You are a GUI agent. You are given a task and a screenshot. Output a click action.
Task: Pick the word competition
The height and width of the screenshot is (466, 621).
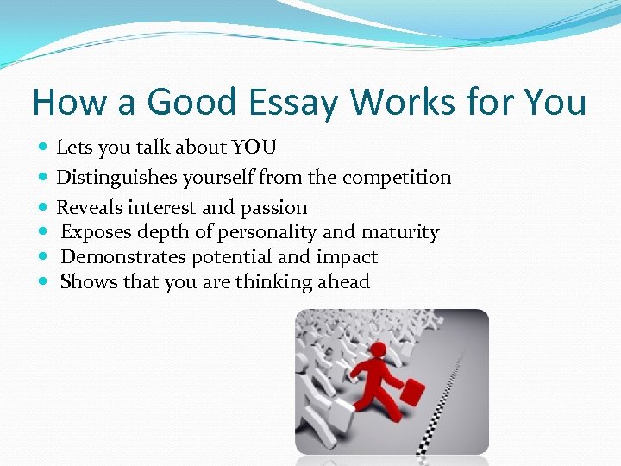(x=397, y=178)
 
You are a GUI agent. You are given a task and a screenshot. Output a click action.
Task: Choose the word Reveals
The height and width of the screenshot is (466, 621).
(x=90, y=208)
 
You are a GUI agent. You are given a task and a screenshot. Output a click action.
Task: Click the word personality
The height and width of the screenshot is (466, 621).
(x=268, y=232)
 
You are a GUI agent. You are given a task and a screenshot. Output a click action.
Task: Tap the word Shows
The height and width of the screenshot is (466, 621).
(x=86, y=282)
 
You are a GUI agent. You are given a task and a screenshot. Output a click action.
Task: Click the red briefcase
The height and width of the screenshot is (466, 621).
(x=412, y=394)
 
